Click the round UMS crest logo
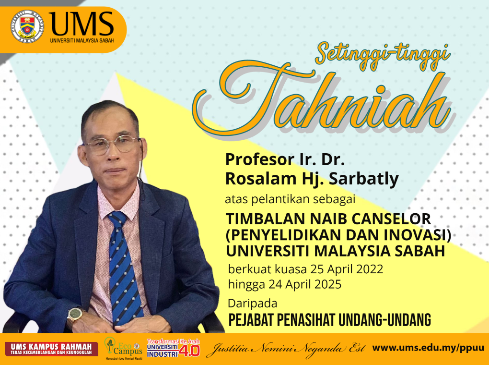[x=27, y=26]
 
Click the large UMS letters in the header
[x=81, y=24]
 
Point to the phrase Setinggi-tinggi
[x=383, y=56]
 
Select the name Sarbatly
[x=363, y=179]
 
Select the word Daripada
[x=253, y=304]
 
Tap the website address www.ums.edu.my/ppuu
[x=428, y=348]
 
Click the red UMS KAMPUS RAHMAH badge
[x=51, y=349]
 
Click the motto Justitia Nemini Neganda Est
[x=285, y=348]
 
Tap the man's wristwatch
[x=75, y=315]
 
